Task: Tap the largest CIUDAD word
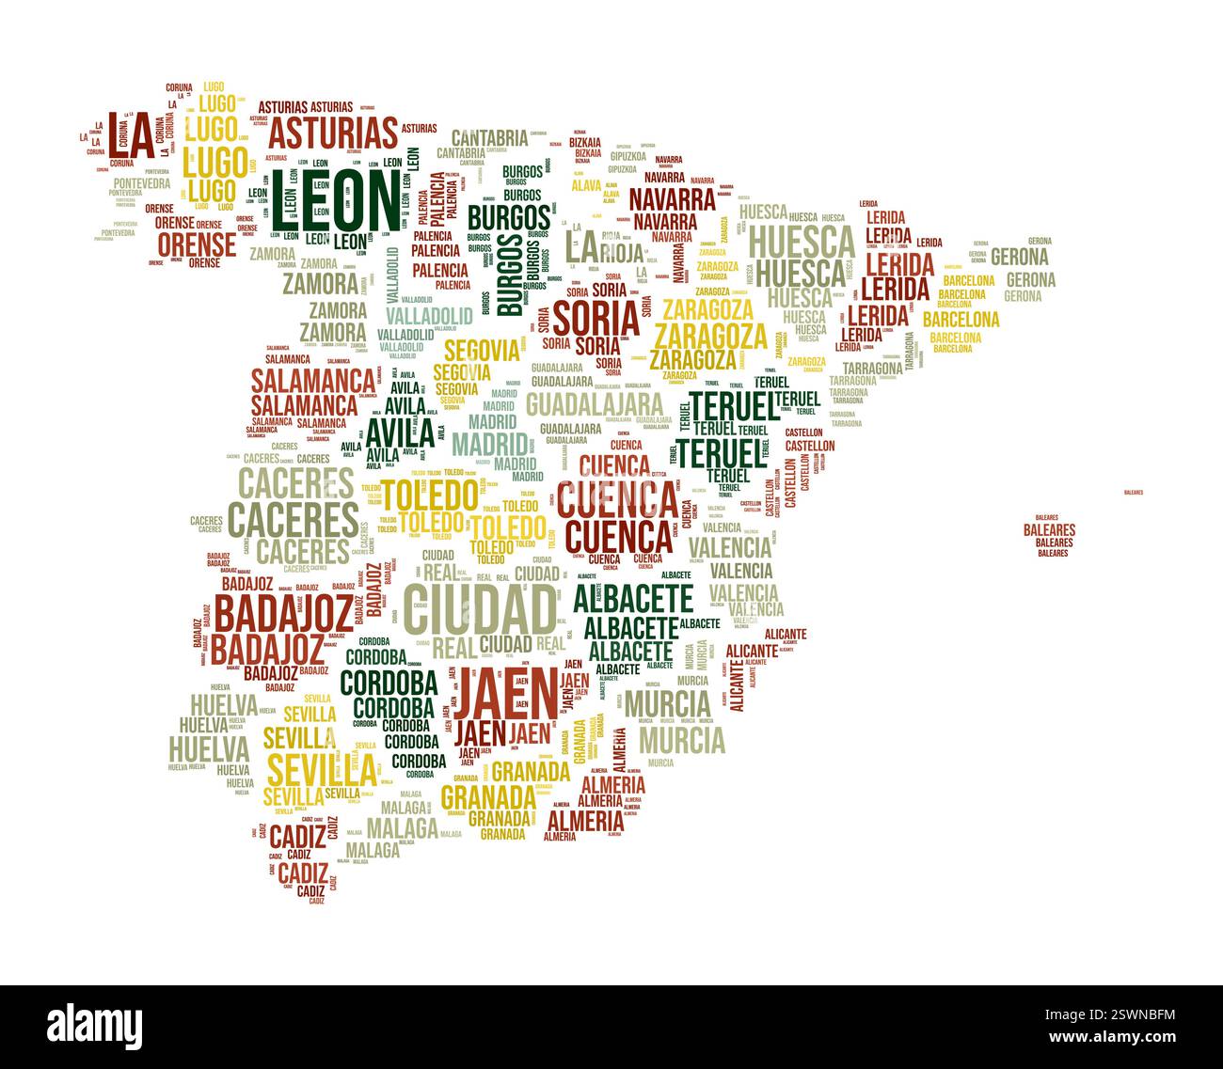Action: pyautogui.click(x=480, y=609)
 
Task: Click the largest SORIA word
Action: pyautogui.click(x=596, y=317)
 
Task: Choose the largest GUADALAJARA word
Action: pyautogui.click(x=595, y=404)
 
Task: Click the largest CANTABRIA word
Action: pyautogui.click(x=489, y=136)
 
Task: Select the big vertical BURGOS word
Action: pyautogui.click(x=509, y=274)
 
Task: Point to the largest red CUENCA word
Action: pyautogui.click(x=616, y=498)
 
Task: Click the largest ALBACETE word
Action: pyautogui.click(x=633, y=598)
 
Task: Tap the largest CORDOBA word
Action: pyautogui.click(x=389, y=682)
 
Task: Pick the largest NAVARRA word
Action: pyautogui.click(x=672, y=199)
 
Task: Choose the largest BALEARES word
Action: pyautogui.click(x=1049, y=530)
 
